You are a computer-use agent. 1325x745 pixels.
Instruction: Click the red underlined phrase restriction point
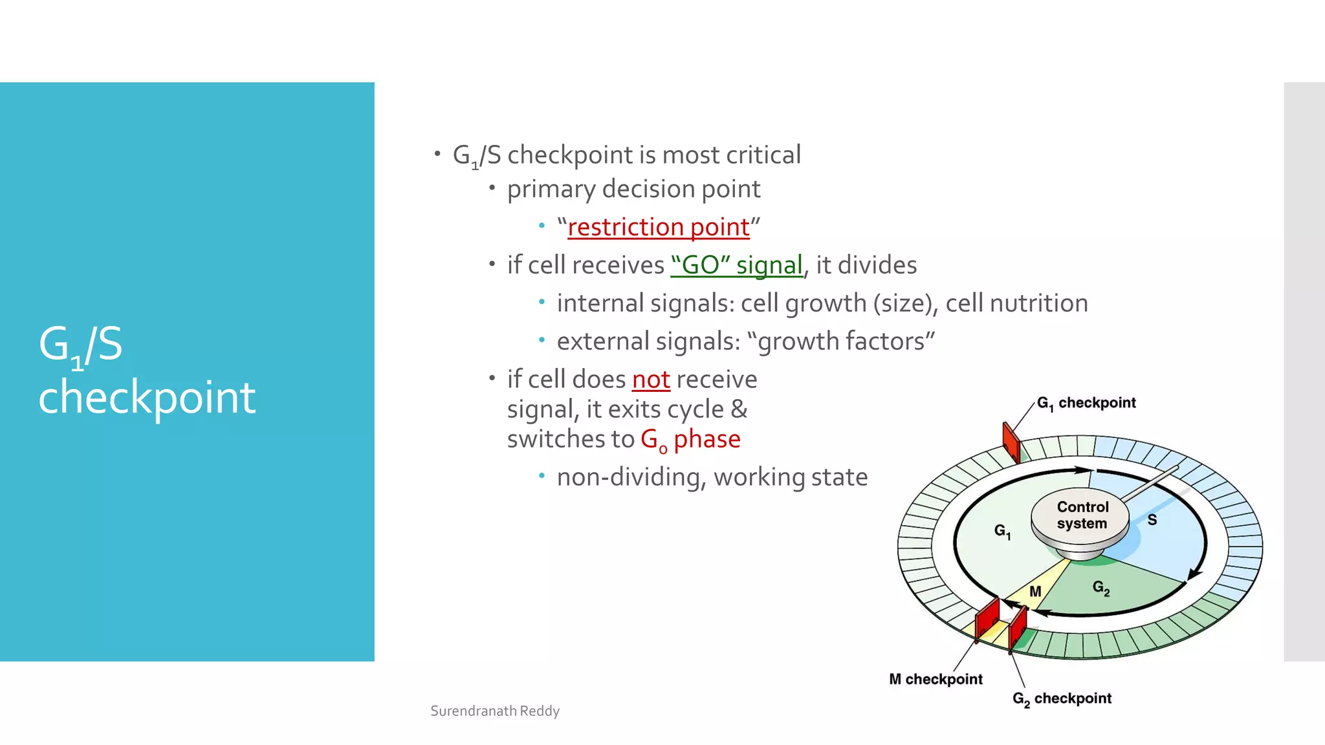658,228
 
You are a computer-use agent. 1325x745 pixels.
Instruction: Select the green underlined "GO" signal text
736,265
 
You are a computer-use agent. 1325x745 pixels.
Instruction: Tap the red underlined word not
650,380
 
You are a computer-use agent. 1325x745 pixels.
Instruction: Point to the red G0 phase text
690,439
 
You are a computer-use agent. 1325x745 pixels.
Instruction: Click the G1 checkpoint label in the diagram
1086,403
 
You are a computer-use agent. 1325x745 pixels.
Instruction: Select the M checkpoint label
935,679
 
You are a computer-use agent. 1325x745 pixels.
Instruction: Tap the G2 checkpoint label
1062,698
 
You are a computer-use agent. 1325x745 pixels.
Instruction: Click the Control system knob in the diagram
1080,516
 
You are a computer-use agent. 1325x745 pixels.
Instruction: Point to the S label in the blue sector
1152,520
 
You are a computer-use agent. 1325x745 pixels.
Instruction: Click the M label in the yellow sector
1035,592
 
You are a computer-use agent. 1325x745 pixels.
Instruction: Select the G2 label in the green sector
1101,587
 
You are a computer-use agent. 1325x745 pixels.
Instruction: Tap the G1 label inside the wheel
1002,531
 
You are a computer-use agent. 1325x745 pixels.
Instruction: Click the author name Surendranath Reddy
495,711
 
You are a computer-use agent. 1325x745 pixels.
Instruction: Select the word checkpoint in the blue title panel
147,396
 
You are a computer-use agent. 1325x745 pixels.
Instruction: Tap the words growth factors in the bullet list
846,341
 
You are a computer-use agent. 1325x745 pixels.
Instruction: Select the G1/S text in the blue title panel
80,345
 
